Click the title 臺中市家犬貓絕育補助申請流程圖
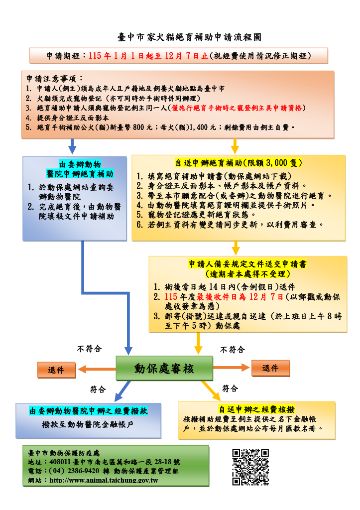pos(189,37)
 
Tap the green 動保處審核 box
pos(164,369)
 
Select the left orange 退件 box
pos(56,370)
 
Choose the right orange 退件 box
pos(270,368)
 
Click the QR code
pos(250,467)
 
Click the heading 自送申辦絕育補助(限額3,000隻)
pos(239,163)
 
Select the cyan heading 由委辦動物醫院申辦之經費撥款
pos(89,411)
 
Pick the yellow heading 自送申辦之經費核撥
pos(256,409)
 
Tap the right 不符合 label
pos(232,350)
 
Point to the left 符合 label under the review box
pos(98,388)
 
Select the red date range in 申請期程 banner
pos(148,56)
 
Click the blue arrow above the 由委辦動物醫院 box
pos(72,146)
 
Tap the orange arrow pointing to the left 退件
pos(97,369)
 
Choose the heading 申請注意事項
pos(56,79)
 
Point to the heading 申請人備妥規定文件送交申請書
pos(247,264)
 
